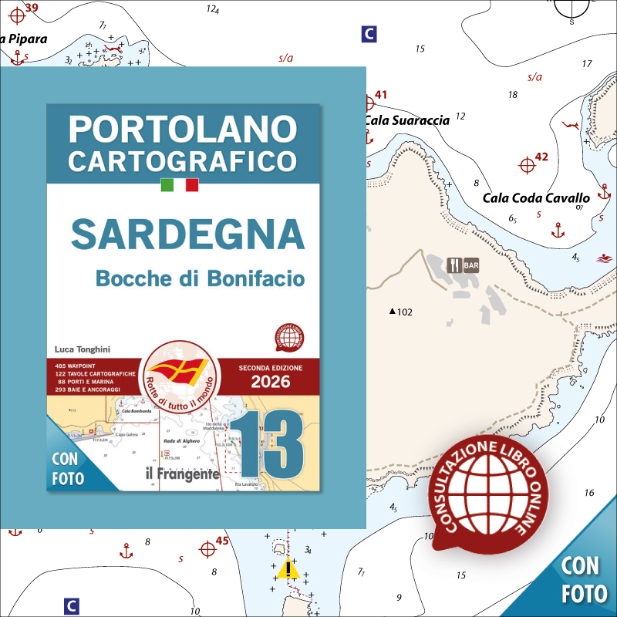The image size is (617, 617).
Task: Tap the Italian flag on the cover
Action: coord(180,185)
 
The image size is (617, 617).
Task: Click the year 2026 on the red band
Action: coord(270,381)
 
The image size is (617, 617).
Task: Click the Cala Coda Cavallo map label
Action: coord(536,198)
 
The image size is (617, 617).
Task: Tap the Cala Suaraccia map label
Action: coord(406,120)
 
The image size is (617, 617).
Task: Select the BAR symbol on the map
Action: coord(470,265)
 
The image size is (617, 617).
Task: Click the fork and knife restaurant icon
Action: coord(455,265)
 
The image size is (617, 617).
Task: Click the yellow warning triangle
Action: coord(289,570)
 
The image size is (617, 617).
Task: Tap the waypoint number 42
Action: coord(541,157)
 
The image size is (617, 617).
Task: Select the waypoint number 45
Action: coord(222,541)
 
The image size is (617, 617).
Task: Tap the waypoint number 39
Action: coord(31,8)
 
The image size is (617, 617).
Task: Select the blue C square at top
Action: coord(369,34)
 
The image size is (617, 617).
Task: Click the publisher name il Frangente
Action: coord(182,474)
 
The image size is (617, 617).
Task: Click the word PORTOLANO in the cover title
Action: coord(183,129)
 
